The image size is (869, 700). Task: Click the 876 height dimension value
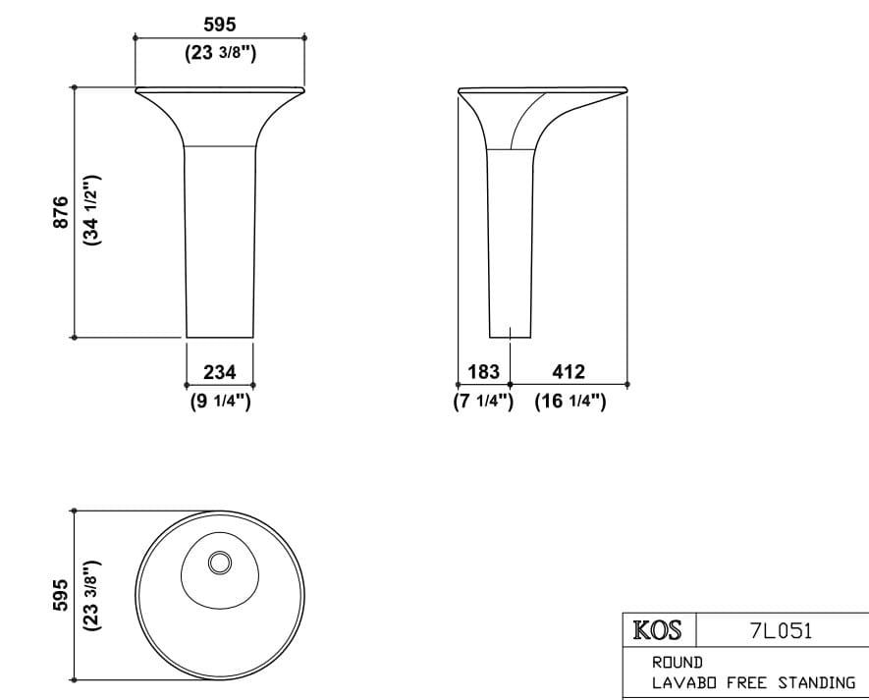[x=60, y=212]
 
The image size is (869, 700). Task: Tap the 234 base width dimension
[x=219, y=372]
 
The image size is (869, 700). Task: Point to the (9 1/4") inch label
[x=220, y=401]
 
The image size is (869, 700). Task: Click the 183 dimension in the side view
[x=483, y=372]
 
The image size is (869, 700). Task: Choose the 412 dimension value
[x=569, y=372]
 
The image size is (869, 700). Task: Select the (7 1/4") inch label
[x=483, y=401]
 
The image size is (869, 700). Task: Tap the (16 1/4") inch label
[x=570, y=401]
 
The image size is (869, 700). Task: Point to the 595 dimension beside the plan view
[x=60, y=595]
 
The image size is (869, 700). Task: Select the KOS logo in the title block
[x=658, y=630]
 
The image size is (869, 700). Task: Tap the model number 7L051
[x=781, y=630]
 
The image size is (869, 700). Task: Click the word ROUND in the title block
[x=678, y=663]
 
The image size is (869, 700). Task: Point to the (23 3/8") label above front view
[x=220, y=53]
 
